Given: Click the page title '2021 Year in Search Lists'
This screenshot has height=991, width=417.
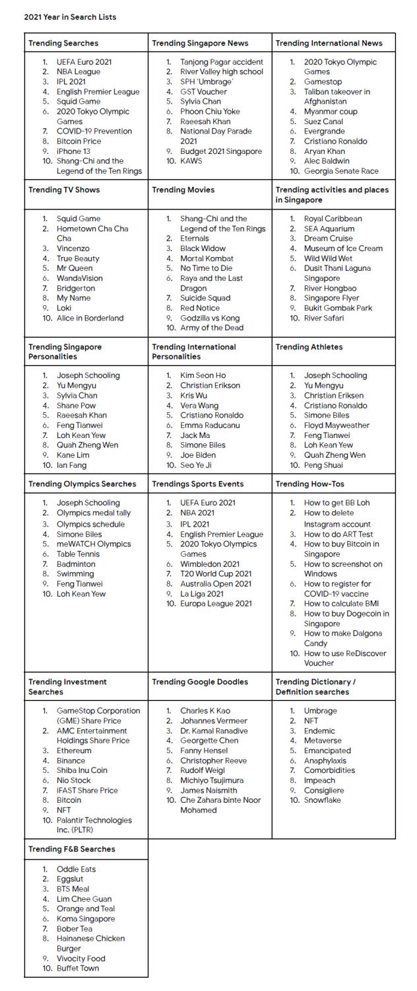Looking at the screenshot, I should (x=70, y=17).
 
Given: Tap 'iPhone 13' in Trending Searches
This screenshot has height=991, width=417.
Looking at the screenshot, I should (x=73, y=151).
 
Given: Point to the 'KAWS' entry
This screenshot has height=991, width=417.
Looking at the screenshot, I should (x=191, y=161).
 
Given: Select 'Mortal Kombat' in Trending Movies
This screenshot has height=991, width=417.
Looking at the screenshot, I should (x=207, y=258).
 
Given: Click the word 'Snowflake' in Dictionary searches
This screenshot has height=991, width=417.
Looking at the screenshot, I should (x=323, y=800).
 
